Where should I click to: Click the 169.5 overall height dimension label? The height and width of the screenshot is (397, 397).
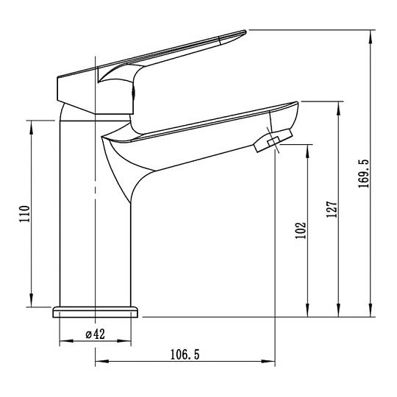tap(364, 174)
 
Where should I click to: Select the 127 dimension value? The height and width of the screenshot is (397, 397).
tap(332, 209)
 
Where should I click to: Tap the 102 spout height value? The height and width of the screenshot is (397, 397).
tap(301, 230)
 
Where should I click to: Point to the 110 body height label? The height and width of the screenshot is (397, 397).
tap(24, 214)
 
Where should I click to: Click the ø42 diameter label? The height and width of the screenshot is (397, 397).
tap(95, 335)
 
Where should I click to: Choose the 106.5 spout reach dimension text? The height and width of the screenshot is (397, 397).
tap(185, 354)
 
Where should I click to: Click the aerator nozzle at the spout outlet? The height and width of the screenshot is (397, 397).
tap(273, 140)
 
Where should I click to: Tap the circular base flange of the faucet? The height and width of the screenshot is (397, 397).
tap(95, 312)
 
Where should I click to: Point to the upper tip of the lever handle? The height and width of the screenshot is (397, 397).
tap(245, 32)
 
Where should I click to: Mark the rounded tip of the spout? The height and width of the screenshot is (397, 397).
tap(297, 103)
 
